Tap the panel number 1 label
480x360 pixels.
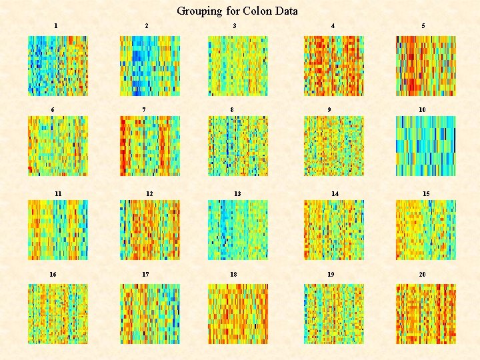coord(56,25)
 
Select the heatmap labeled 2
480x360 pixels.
coord(149,66)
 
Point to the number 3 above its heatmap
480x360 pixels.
coord(234,25)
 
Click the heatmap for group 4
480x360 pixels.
coord(334,66)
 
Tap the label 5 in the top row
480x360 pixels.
coord(423,25)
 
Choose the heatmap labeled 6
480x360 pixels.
coord(57,146)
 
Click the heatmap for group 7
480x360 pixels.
coord(149,146)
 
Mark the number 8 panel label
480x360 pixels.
coord(232,109)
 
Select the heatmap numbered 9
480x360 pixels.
coord(334,146)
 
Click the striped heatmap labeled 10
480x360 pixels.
coord(425,146)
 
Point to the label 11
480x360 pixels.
coord(58,193)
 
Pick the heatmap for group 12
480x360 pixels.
coord(149,230)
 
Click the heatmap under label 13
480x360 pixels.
coord(238,230)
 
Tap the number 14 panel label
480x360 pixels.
coord(335,193)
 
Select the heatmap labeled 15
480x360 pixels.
coord(425,230)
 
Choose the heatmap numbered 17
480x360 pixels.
coord(149,314)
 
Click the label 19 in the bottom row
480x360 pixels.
coord(331,274)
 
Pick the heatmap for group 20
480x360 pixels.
coord(425,314)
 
